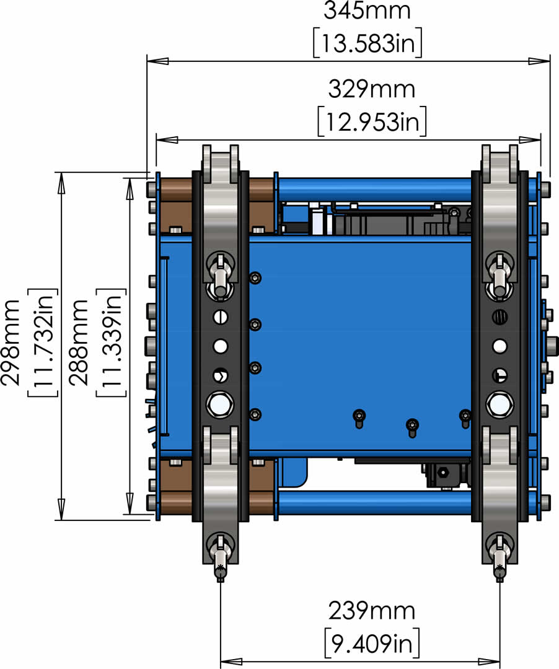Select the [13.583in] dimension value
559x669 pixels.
(x=368, y=42)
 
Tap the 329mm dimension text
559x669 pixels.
(x=371, y=90)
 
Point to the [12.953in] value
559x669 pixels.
(x=372, y=121)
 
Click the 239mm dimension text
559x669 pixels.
(x=371, y=611)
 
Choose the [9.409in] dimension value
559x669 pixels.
(x=372, y=642)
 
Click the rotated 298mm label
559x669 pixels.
(x=11, y=342)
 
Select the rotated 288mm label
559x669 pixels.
(x=79, y=342)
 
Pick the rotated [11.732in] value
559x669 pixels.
(x=43, y=343)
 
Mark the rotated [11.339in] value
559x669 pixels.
(x=112, y=343)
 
